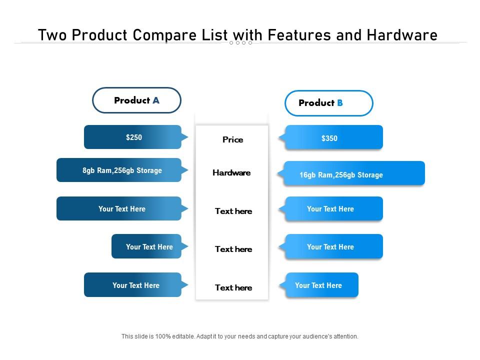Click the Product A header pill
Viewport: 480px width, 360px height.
136,100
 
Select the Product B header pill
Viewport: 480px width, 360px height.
328,103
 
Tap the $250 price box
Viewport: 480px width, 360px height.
132,137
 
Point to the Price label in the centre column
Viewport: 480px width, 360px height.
232,140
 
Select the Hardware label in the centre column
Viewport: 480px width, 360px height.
231,173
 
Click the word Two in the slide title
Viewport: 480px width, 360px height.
51,35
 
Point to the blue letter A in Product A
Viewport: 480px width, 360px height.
156,100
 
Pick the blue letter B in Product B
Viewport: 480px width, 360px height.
340,103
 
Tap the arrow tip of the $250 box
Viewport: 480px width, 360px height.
186,137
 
